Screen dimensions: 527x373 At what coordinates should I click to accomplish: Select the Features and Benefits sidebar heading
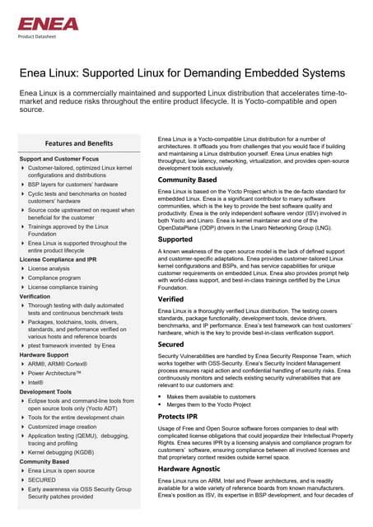[x=79, y=143]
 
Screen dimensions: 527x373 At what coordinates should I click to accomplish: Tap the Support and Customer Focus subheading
[x=59, y=158]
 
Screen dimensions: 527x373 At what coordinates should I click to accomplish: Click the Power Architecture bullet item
[x=59, y=372]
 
